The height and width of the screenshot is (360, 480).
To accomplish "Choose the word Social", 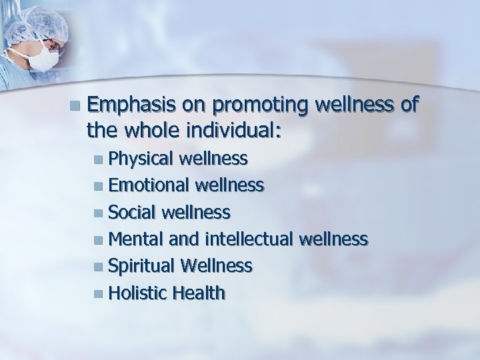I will point(130,212).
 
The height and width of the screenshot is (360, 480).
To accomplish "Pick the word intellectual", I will point(251,239).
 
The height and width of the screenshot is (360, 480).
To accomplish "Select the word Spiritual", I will point(139,266).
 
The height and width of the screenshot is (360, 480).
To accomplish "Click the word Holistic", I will point(137,293).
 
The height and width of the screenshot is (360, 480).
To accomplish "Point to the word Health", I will point(198,293).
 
